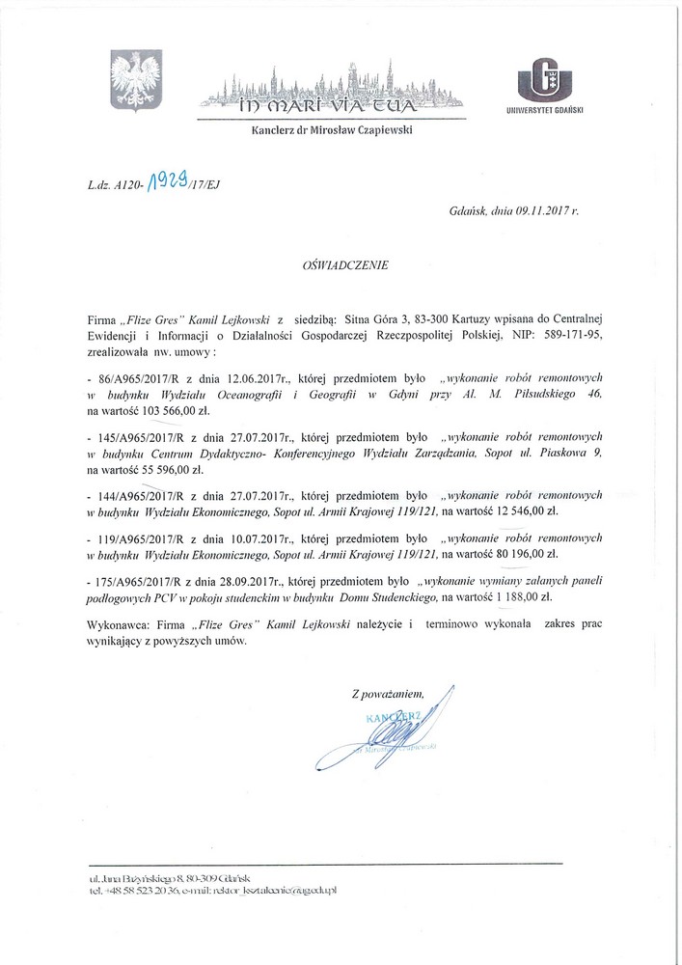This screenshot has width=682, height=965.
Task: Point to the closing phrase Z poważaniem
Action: tap(388, 693)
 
